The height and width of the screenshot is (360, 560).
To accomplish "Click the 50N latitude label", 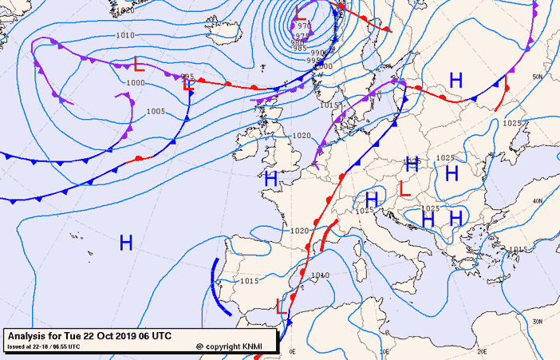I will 538,77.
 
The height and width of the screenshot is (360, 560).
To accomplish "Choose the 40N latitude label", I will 538,200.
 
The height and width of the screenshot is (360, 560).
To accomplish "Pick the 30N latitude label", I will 538,320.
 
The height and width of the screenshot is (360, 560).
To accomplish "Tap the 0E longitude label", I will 293,351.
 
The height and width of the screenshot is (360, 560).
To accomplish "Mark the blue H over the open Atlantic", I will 125,243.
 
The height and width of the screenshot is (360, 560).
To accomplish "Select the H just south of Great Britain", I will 270,180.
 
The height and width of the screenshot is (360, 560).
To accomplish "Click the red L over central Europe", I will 404,189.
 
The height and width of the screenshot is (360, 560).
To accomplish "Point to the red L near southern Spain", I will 281,305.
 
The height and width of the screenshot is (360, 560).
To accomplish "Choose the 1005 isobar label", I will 156,111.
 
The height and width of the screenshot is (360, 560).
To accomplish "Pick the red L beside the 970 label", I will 301,13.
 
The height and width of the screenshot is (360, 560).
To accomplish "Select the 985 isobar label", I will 299,49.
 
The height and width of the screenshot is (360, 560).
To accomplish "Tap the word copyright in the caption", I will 224,346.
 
